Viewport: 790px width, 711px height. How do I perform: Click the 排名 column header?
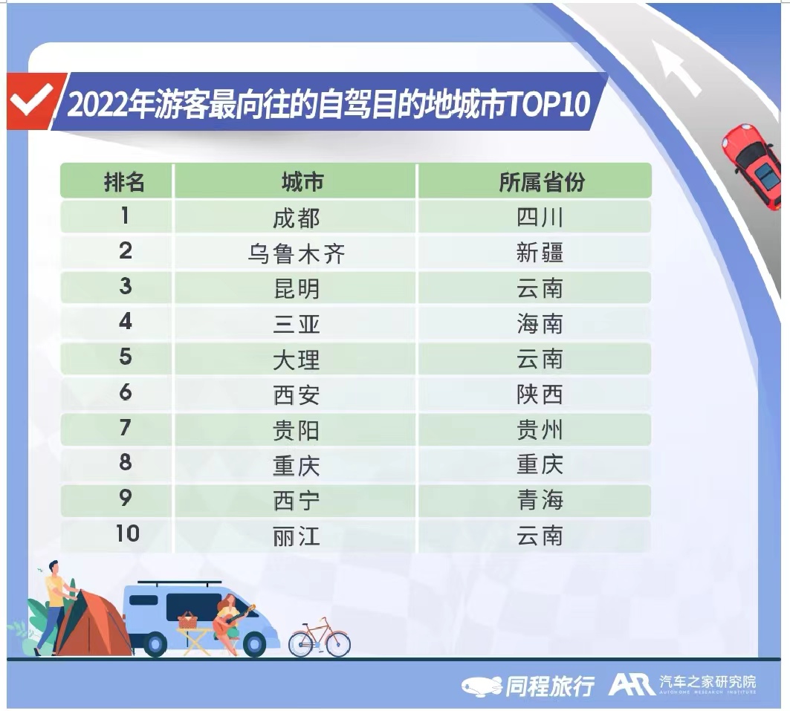coord(124,182)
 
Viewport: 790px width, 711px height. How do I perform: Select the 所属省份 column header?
coord(542,182)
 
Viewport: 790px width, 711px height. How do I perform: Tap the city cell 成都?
coord(297,218)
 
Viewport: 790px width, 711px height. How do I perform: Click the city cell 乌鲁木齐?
coord(297,253)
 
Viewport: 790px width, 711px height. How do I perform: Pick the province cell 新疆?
coord(540,253)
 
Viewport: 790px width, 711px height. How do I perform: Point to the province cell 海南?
coord(540,323)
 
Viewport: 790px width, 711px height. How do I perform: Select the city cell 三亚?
coord(297,324)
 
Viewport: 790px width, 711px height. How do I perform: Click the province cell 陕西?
coord(540,395)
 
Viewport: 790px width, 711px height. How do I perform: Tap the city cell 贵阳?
coord(297,430)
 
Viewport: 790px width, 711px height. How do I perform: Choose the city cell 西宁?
coord(297,501)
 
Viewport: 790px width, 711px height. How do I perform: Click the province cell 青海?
coord(540,500)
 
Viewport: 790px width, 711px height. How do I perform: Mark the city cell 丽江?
coord(297,536)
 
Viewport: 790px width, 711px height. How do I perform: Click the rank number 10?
coord(127,533)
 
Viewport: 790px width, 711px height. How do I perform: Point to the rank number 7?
coord(126,427)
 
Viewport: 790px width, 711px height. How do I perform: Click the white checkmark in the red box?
coord(32,100)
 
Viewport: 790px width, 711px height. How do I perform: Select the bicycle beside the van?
coord(319,638)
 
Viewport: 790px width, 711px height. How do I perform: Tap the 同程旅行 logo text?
coord(549,686)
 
